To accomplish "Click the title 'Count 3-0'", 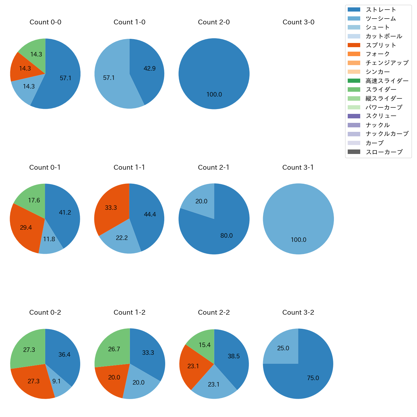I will click(298, 22).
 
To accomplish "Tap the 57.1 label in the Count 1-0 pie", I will click(109, 78).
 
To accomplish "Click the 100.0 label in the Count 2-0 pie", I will click(214, 95).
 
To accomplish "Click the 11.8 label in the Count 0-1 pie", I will click(49, 239).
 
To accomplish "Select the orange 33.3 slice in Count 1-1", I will click(109, 208).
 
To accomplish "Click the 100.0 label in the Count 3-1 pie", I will click(298, 240).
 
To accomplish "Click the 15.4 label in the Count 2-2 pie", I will click(204, 345).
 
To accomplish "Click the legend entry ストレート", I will click(381, 10).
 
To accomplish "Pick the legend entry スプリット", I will click(381, 45).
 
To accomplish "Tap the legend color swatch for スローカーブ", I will click(354, 152).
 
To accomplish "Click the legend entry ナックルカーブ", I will click(387, 134).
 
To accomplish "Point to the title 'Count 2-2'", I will click(214, 312).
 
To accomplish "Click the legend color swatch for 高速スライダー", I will click(354, 81).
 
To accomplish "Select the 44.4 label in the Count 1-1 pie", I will click(150, 215).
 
